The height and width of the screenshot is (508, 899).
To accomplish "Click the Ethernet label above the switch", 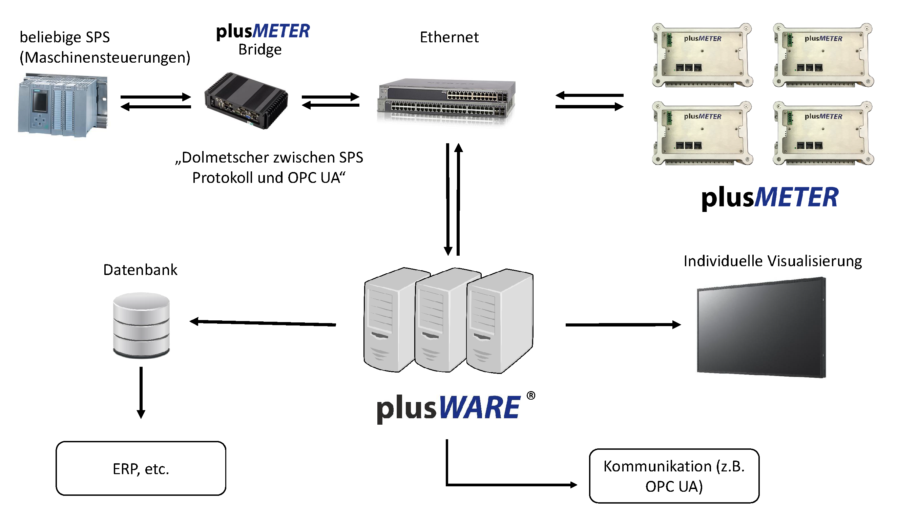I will pos(449,37).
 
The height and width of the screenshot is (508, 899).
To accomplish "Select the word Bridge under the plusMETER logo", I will pos(260,49).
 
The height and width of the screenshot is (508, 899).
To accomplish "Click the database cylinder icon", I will pos(141,324).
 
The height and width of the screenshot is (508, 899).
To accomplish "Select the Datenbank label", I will pos(140,270).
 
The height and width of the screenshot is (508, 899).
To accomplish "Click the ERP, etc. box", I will pos(141,468).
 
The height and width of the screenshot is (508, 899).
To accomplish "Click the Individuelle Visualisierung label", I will pos(772,261).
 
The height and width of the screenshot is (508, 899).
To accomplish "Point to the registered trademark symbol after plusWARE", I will pos(530,395).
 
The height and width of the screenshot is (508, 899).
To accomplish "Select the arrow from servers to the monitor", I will pos(623,325).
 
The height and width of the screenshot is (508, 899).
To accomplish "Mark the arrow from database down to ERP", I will pos(141,393).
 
